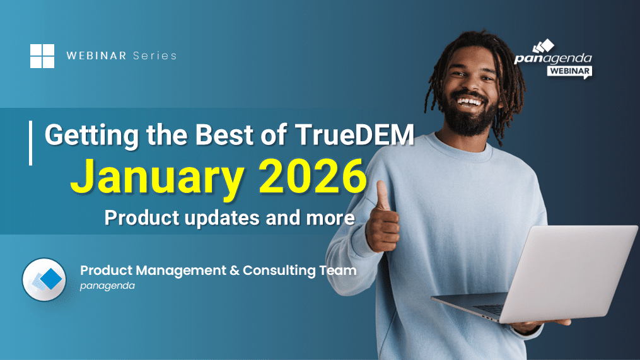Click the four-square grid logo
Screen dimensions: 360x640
pos(42,55)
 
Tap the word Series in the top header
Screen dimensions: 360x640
pos(155,56)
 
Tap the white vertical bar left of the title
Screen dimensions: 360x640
pos(30,143)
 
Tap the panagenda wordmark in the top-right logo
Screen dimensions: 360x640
pos(552,59)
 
